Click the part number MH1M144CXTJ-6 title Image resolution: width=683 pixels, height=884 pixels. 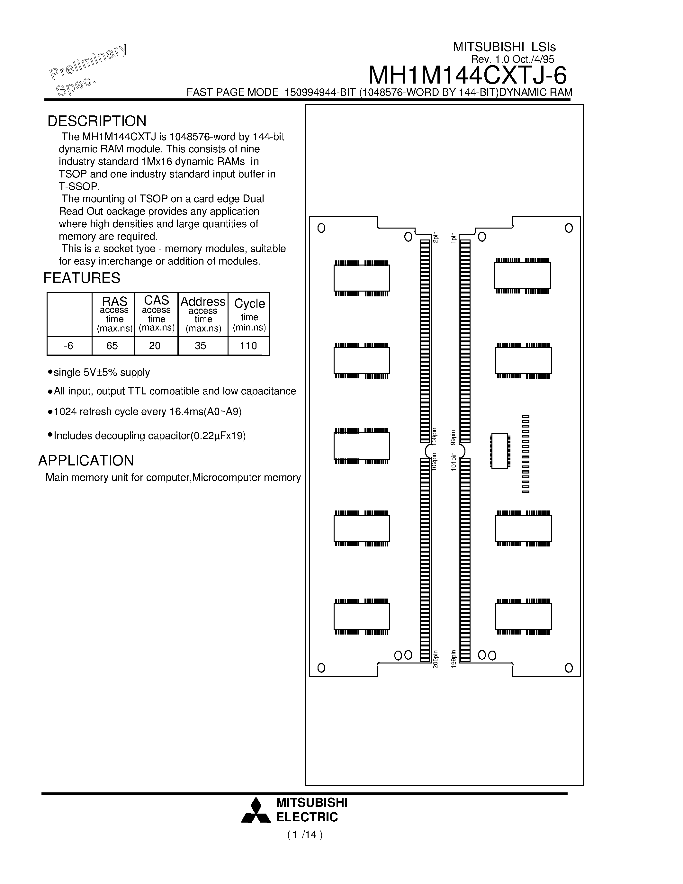(467, 75)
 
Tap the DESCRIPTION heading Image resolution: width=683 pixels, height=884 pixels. (97, 121)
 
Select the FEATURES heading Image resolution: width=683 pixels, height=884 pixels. (82, 278)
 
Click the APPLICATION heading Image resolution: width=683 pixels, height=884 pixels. (86, 461)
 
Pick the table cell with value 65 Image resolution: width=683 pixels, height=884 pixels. (112, 346)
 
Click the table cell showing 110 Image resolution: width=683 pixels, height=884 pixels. (248, 346)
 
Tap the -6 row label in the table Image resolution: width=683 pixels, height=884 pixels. (69, 346)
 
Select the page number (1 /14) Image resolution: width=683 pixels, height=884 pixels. (305, 843)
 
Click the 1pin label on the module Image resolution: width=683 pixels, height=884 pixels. (454, 237)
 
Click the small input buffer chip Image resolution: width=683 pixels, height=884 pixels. (500, 451)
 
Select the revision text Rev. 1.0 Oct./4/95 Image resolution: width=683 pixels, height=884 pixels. (512, 59)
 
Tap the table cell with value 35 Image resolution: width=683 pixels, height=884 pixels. (200, 346)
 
